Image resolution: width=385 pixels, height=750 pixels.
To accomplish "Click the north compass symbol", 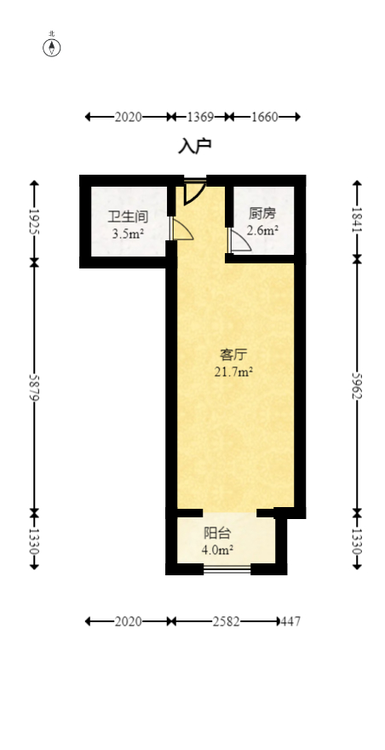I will coord(52,46).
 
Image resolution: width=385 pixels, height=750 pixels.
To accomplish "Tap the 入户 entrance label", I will coord(194,147).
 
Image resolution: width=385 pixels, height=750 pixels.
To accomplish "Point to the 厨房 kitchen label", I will coord(261,214).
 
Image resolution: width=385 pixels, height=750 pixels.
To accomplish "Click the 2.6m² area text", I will coord(261,230).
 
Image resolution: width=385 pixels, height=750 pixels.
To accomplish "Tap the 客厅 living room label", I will coord(233,355).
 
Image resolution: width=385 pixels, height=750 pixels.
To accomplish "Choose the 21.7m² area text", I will coord(233,372).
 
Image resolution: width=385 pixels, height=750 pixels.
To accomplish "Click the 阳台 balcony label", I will coord(217,534).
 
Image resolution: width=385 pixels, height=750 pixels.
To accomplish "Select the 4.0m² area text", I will coord(217,550).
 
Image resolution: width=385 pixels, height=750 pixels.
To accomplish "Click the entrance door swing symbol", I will coord(193,191).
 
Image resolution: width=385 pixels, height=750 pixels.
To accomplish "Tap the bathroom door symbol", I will coord(180,228).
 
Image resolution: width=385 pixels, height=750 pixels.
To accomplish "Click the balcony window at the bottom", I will coord(227,568).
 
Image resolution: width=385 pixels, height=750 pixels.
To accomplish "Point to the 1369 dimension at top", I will coord(199,117).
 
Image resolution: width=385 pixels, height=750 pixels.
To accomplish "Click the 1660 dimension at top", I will coord(264,117).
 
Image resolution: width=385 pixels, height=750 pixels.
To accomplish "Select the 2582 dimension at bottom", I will coord(226,621).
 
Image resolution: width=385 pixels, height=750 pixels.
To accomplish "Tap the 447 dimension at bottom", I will coord(290,621).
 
